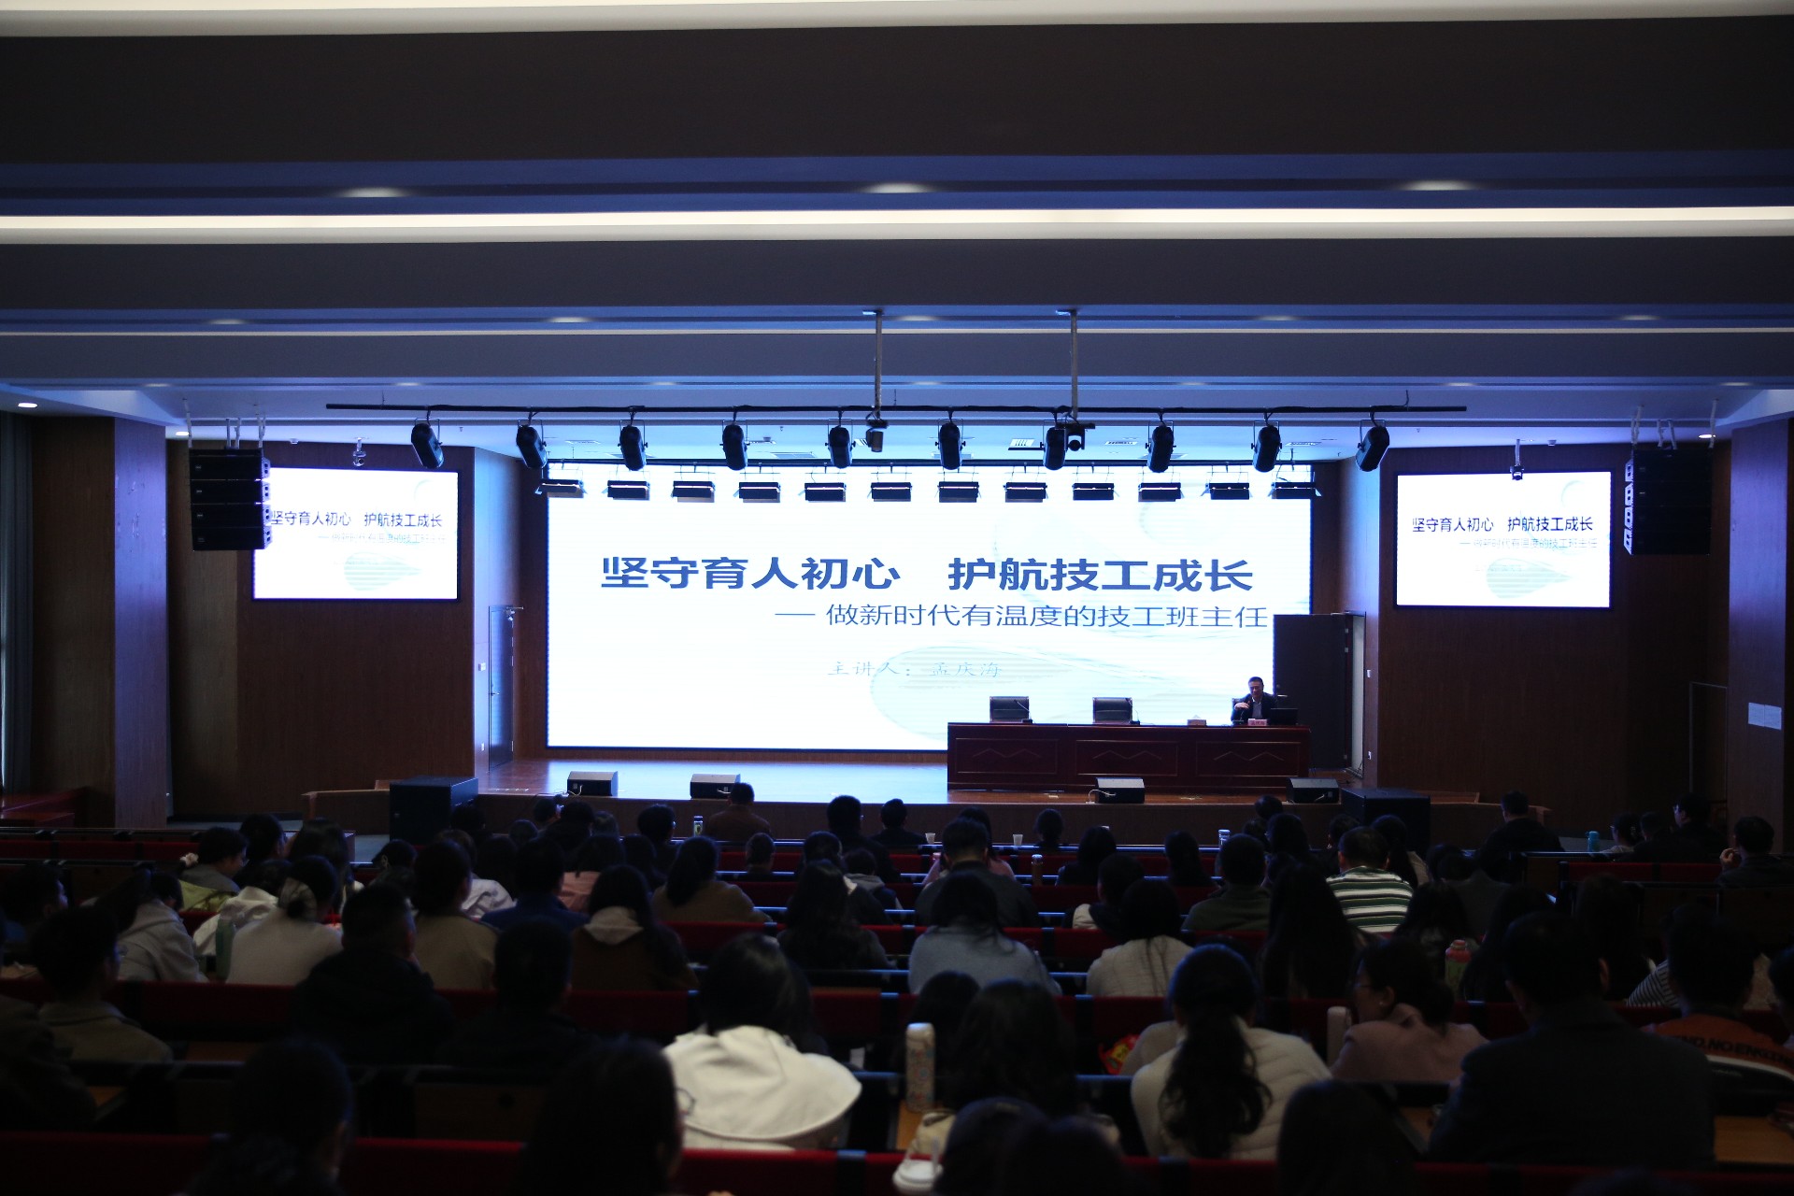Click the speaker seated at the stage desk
click(x=1255, y=699)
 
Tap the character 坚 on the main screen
click(x=625, y=573)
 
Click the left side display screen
click(x=356, y=534)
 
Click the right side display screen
click(x=1502, y=539)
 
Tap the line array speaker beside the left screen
click(x=228, y=499)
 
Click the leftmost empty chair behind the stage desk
click(x=1008, y=709)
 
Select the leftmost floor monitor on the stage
click(x=591, y=783)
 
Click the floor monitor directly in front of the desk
click(x=1119, y=790)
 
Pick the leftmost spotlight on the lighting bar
click(x=427, y=445)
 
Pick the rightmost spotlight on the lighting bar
click(x=1373, y=448)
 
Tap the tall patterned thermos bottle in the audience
click(x=919, y=1066)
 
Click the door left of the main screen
click(x=501, y=686)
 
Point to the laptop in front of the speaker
click(x=1282, y=717)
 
